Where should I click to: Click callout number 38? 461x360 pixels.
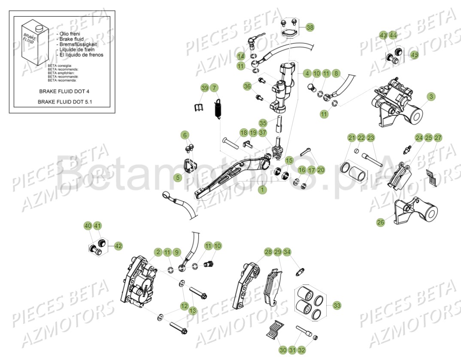coord(310,27)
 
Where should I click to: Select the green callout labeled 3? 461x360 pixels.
coord(431,97)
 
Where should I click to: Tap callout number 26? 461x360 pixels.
coord(380,223)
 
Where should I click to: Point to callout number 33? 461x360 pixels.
coord(337,306)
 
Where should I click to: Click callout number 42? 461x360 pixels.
coord(118,246)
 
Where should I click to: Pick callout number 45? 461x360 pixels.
coord(414,55)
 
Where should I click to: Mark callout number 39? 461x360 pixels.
coord(205,88)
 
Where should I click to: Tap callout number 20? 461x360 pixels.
coord(321,169)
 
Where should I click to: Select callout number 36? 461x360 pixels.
coord(247,86)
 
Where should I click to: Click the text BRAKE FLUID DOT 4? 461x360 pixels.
coord(64,91)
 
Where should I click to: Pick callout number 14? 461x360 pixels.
coord(241,56)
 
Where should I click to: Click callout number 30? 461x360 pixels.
coord(282,350)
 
